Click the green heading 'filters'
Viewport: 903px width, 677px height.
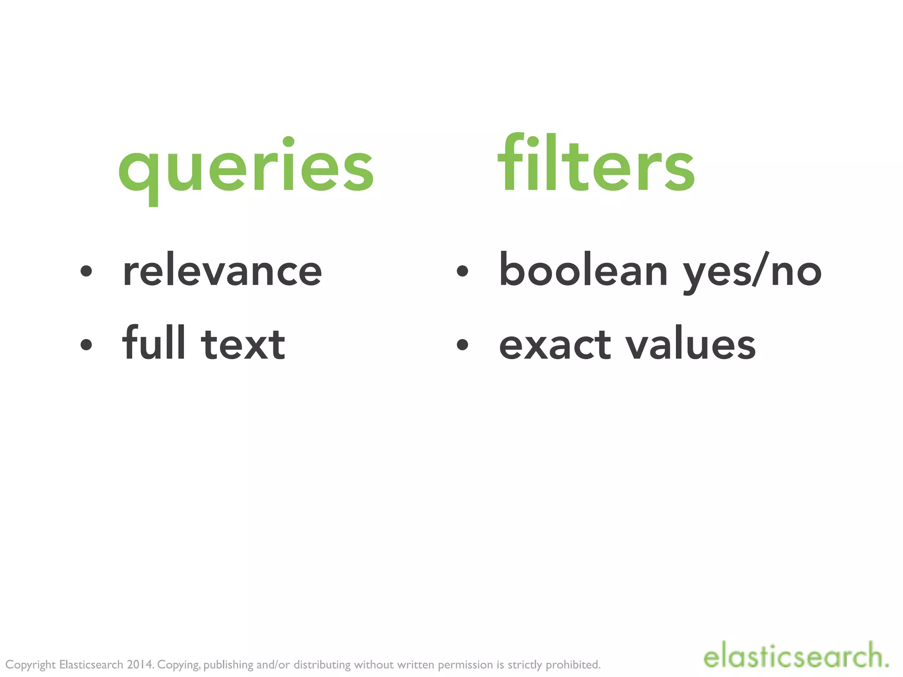[x=596, y=164]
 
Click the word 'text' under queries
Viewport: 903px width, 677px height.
[x=243, y=345]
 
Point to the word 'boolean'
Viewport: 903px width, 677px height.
[x=583, y=270]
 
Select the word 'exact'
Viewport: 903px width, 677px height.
[x=555, y=345]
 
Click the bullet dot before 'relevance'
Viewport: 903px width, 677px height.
[x=86, y=271]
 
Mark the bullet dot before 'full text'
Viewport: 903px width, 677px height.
[x=86, y=344]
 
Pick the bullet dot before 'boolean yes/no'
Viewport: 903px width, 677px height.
[x=462, y=271]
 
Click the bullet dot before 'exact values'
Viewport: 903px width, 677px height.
[x=462, y=344]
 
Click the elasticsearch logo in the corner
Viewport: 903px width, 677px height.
[x=795, y=656]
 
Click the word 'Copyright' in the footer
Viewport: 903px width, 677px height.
[x=30, y=665]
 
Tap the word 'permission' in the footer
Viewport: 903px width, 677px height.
[x=465, y=665]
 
